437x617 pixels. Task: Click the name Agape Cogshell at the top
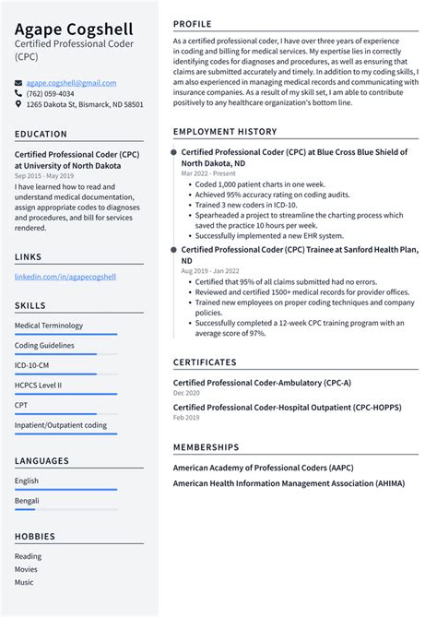pyautogui.click(x=74, y=29)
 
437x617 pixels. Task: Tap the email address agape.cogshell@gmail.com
pyautogui.click(x=62, y=81)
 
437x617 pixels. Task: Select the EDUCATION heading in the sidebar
pyautogui.click(x=41, y=134)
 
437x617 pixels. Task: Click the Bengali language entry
pyautogui.click(x=27, y=500)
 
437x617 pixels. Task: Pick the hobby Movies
pyautogui.click(x=27, y=569)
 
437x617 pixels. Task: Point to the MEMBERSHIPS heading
pyautogui.click(x=206, y=447)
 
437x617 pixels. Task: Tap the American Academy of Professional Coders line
pyautogui.click(x=263, y=468)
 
